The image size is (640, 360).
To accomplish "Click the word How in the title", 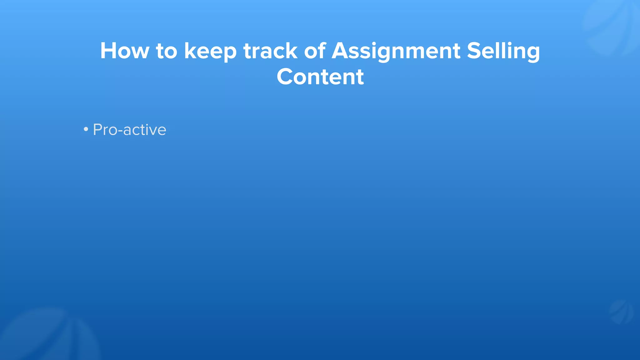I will [x=124, y=51].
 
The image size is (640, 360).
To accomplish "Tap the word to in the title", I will [x=167, y=51].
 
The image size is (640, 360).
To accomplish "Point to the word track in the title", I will [x=270, y=51].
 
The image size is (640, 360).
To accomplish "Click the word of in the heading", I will [x=315, y=51].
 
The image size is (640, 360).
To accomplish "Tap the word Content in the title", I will [x=320, y=77].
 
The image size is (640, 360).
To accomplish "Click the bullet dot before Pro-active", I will [x=86, y=129].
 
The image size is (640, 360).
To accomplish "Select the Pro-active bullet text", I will [x=129, y=130].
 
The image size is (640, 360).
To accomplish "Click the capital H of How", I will [x=108, y=51].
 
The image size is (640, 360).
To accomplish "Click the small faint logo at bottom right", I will [x=621, y=312].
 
